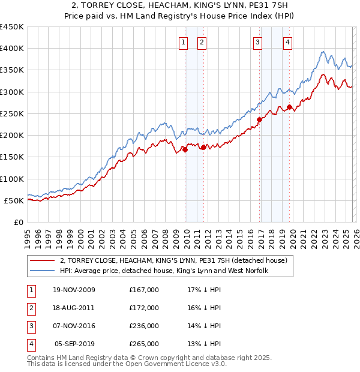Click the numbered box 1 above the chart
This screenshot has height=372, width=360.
click(182, 42)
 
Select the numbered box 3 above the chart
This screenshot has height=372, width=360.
click(257, 42)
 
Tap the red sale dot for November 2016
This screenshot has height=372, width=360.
click(259, 120)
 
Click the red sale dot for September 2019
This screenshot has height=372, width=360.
click(289, 107)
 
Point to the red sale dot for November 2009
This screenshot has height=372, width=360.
click(185, 150)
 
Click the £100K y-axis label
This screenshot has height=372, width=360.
click(12, 179)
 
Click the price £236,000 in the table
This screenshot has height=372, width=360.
click(144, 327)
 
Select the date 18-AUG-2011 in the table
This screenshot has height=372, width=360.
click(74, 308)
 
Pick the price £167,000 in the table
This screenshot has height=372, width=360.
click(144, 290)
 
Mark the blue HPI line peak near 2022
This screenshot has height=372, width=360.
click(323, 52)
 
